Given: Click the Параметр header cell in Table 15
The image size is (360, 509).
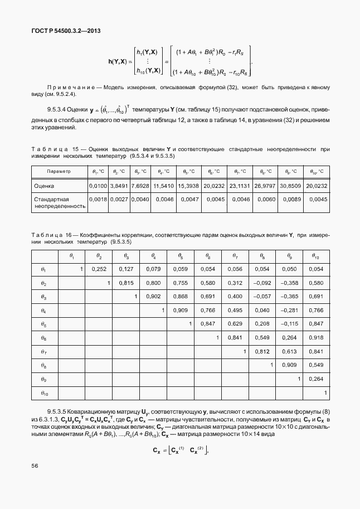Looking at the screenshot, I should pos(59,171).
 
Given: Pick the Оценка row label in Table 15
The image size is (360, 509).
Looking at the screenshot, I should pos(44,185).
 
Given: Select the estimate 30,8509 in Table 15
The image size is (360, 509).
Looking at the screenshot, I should pos(290,185).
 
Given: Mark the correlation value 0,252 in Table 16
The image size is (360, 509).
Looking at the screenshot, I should pos(98,269).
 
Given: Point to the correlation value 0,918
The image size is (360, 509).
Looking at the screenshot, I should pos(315,337).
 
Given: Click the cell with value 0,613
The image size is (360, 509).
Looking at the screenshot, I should pos(288,351).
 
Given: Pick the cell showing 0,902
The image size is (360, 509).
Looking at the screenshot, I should pos(153,297).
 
